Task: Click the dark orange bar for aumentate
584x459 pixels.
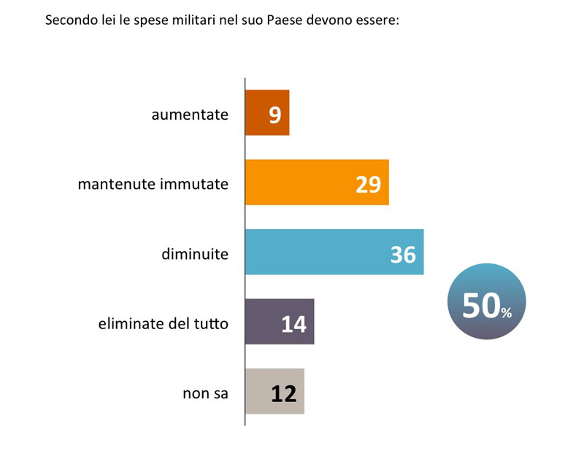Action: click(267, 112)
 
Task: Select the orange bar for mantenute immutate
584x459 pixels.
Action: click(317, 182)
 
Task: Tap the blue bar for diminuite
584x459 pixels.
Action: click(334, 252)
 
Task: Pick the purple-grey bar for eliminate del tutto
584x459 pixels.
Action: click(280, 322)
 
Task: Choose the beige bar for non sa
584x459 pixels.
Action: click(274, 392)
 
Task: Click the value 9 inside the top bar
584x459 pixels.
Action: click(275, 115)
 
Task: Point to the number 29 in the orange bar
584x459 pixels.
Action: click(369, 185)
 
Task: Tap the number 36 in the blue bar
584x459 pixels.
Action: click(403, 254)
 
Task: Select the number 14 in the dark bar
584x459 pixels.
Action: click(293, 324)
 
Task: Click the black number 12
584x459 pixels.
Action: click(283, 394)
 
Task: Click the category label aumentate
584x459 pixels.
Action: click(190, 115)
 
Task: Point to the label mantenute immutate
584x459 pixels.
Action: click(153, 185)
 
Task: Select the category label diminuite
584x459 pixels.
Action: click(194, 254)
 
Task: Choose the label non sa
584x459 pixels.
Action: click(205, 394)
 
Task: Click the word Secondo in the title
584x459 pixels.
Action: click(69, 20)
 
